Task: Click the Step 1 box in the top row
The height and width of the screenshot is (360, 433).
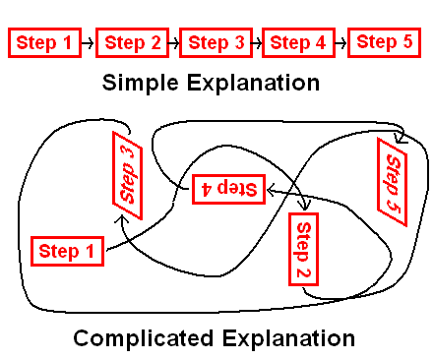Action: click(x=45, y=43)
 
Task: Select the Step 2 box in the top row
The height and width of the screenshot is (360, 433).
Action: click(x=132, y=43)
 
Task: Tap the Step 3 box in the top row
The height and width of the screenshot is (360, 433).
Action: click(x=215, y=43)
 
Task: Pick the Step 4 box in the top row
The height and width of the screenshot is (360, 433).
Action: click(x=297, y=43)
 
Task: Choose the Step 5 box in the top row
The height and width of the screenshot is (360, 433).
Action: click(x=385, y=42)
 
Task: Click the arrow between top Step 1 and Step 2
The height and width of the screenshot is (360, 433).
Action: click(x=88, y=43)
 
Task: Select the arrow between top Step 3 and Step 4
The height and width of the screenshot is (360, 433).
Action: click(x=256, y=43)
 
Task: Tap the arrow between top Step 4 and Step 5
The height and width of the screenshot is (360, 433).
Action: click(x=340, y=43)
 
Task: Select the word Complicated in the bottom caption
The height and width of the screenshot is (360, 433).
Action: click(x=142, y=339)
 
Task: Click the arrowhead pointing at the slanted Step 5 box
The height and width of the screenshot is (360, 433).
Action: click(x=399, y=135)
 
